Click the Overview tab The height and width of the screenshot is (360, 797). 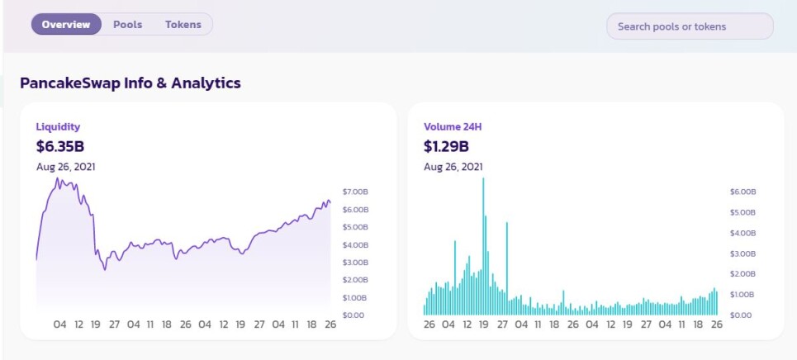pyautogui.click(x=66, y=25)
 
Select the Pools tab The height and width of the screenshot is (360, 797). pyautogui.click(x=127, y=25)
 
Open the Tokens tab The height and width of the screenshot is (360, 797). pyautogui.click(x=183, y=25)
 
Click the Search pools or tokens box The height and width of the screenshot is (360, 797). pyautogui.click(x=690, y=26)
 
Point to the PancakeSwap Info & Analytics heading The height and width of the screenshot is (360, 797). pyautogui.click(x=130, y=83)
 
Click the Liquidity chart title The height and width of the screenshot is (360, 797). pyautogui.click(x=58, y=127)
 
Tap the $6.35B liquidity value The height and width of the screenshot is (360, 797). pyautogui.click(x=60, y=146)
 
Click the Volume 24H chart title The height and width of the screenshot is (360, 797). pyautogui.click(x=453, y=127)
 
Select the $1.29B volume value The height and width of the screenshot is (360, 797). pyautogui.click(x=446, y=146)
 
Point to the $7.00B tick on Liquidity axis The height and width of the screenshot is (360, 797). pyautogui.click(x=355, y=192)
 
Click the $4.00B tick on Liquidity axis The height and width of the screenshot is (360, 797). pyautogui.click(x=355, y=245)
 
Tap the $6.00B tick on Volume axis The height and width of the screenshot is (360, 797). pyautogui.click(x=743, y=192)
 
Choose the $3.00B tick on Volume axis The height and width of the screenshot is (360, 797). pyautogui.click(x=743, y=253)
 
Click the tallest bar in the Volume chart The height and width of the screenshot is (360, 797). pyautogui.click(x=483, y=247)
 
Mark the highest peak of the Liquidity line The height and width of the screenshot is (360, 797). pyautogui.click(x=58, y=178)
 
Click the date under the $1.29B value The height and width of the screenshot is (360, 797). pyautogui.click(x=453, y=167)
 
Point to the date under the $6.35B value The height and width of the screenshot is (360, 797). pyautogui.click(x=65, y=167)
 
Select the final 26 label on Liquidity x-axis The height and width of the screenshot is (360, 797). pyautogui.click(x=330, y=324)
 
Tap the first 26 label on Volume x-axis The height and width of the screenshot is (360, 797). pyautogui.click(x=429, y=324)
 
